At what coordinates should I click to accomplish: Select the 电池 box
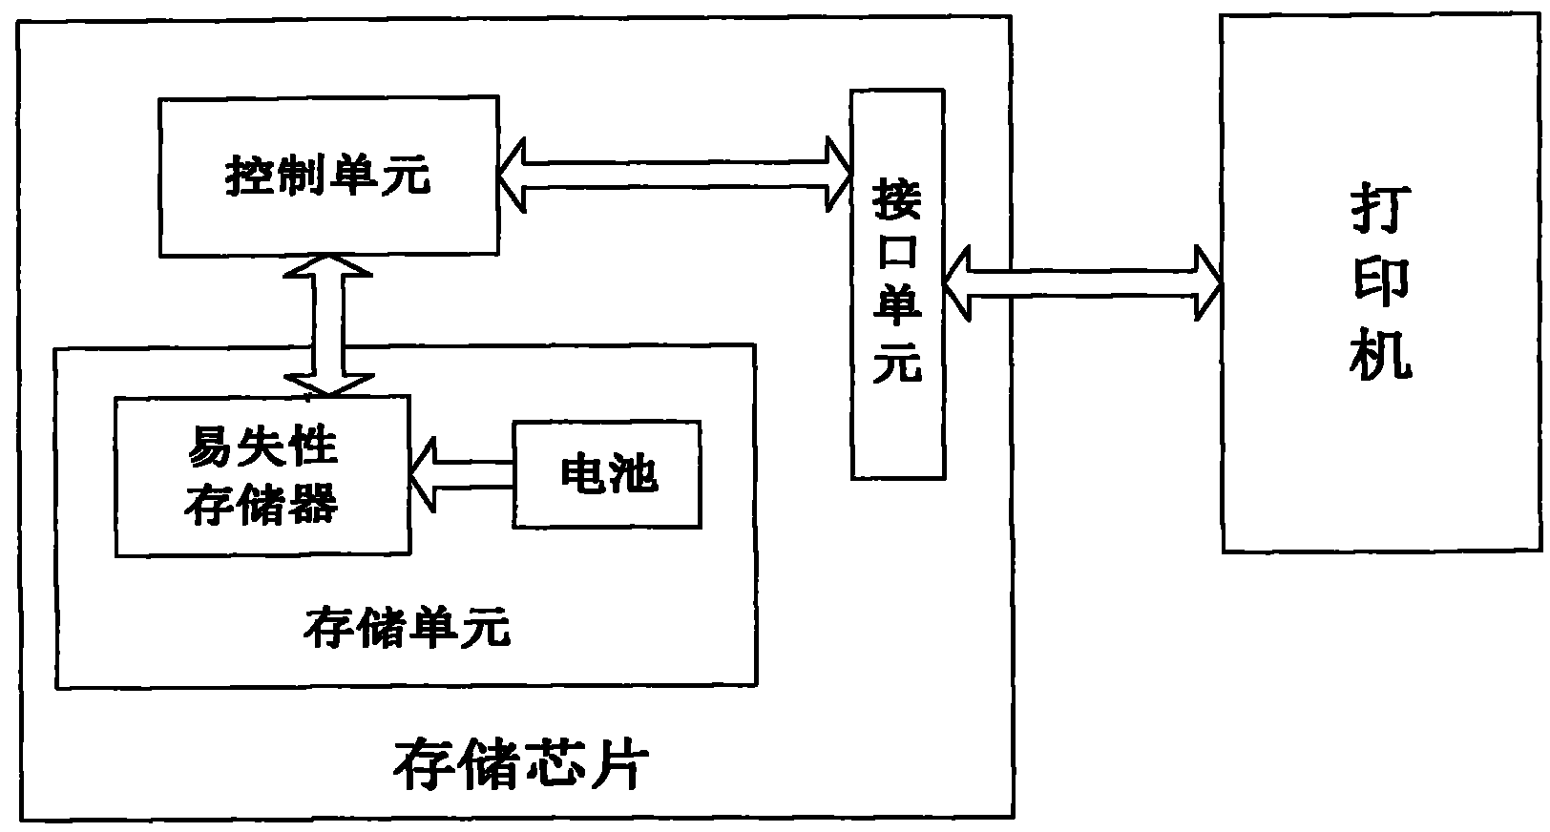tap(607, 474)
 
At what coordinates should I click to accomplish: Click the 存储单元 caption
tap(407, 630)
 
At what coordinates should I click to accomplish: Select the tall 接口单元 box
tap(898, 283)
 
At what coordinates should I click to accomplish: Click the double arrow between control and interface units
tap(674, 174)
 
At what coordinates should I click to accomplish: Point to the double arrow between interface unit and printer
tap(1081, 283)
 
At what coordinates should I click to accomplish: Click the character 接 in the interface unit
tap(898, 202)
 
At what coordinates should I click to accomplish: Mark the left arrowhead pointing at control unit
tap(513, 174)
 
